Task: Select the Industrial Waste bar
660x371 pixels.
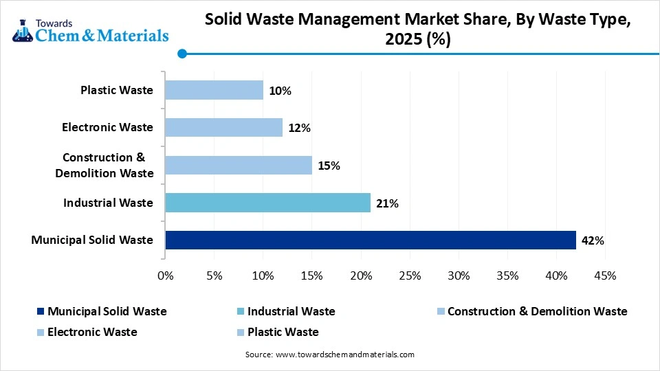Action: tap(268, 203)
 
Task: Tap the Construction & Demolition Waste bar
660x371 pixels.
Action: tap(239, 165)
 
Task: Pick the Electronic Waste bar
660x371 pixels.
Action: tap(224, 127)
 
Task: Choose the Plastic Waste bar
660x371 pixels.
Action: tap(214, 90)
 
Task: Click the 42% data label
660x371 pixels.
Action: tap(593, 240)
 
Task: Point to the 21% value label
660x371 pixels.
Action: tap(387, 203)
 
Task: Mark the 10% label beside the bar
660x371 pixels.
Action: tap(280, 91)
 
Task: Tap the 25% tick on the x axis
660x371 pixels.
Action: tap(410, 276)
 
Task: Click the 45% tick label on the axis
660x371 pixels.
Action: tap(604, 276)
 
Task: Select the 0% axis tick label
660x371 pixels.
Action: tap(166, 276)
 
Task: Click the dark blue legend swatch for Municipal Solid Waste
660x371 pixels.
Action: tap(41, 312)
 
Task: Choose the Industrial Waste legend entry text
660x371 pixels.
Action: tap(291, 311)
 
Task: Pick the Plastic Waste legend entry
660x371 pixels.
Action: tap(283, 332)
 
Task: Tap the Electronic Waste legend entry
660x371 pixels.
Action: tap(92, 332)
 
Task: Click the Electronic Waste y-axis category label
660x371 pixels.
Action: tap(107, 127)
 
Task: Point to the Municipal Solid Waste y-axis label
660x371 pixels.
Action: tap(92, 240)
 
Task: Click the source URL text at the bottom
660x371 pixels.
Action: tap(329, 355)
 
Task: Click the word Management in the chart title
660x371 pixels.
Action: tap(355, 21)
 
